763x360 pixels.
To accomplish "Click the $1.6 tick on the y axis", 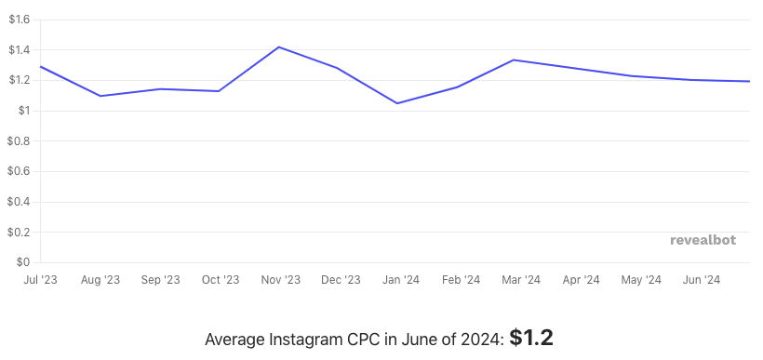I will point(19,20).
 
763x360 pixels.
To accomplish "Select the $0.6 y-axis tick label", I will point(19,171).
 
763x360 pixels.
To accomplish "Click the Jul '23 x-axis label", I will point(40,279).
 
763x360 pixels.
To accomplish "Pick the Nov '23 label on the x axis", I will point(280,279).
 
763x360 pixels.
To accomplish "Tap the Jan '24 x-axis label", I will point(400,279).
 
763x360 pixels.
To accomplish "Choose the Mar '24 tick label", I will point(520,279).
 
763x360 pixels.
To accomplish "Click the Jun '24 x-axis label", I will point(701,279).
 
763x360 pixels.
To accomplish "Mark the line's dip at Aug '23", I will point(100,96).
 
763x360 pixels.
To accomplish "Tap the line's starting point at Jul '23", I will point(40,66).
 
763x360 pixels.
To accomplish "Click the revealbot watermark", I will point(703,240).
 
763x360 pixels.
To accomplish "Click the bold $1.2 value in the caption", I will point(531,338).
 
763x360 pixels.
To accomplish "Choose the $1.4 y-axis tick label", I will point(19,50).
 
